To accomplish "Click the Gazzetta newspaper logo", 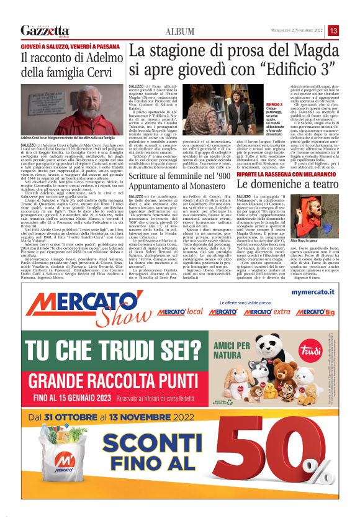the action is [45, 30].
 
